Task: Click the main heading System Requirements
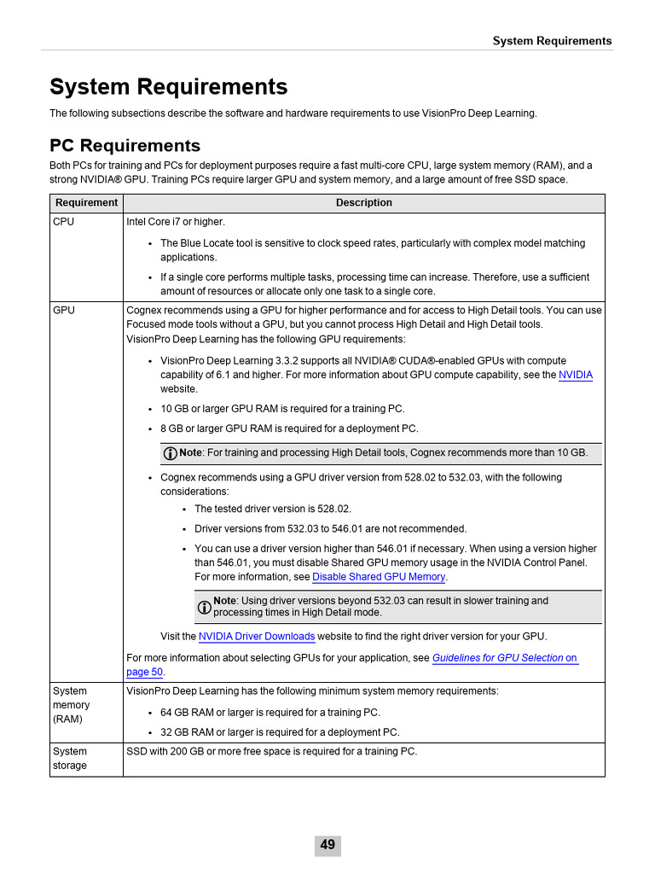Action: (168, 87)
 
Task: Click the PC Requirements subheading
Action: (125, 145)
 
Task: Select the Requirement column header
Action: (86, 203)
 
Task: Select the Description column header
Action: (364, 203)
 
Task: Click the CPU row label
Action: (63, 222)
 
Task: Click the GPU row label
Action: (63, 311)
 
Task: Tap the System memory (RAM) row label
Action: (71, 705)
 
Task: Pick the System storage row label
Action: (70, 758)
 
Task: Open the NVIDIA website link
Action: (575, 376)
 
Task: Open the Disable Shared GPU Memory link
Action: (379, 577)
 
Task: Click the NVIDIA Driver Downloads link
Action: (257, 637)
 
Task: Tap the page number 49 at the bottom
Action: (327, 845)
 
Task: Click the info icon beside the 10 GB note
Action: (171, 453)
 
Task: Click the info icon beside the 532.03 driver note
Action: (205, 607)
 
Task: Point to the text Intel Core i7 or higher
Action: (176, 222)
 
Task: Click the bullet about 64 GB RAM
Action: (270, 713)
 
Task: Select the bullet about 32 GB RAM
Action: (279, 732)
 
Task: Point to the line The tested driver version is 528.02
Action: (272, 509)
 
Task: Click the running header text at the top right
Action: (552, 41)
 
